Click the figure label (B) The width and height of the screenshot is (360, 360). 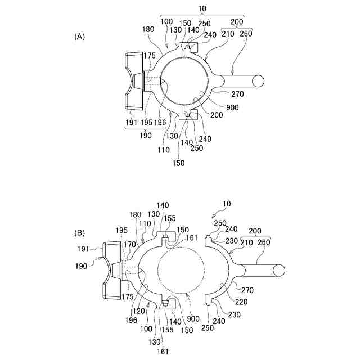coord(79,232)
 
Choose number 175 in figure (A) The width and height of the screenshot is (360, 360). coord(149,56)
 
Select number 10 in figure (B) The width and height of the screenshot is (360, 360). coord(226,210)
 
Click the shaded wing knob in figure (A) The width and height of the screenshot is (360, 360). coord(135,82)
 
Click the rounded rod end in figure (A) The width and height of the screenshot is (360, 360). coord(258,80)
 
